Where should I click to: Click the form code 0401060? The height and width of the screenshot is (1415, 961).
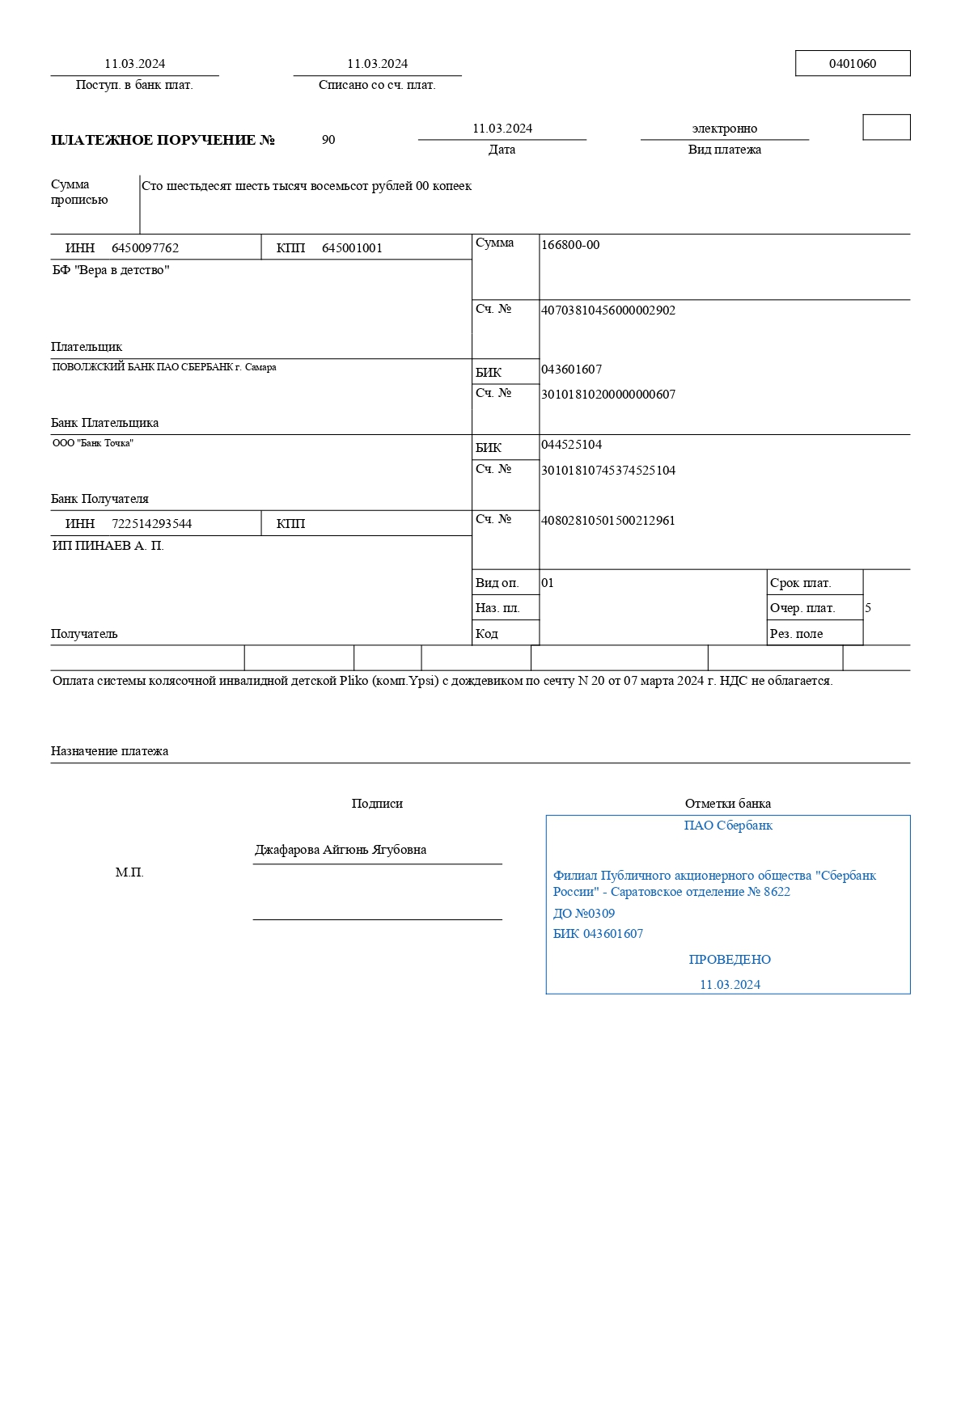pyautogui.click(x=852, y=64)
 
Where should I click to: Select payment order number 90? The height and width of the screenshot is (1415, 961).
pyautogui.click(x=328, y=140)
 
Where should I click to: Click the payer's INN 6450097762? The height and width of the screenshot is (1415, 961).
pyautogui.click(x=145, y=248)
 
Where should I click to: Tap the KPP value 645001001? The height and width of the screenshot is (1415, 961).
pyautogui.click(x=352, y=248)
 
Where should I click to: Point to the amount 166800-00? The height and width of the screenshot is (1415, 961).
pyautogui.click(x=570, y=245)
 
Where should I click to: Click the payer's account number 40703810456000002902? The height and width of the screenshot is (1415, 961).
pyautogui.click(x=608, y=310)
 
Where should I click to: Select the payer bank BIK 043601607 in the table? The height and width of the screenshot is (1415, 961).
pyautogui.click(x=571, y=370)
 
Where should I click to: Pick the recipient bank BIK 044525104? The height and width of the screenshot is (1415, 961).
pyautogui.click(x=571, y=445)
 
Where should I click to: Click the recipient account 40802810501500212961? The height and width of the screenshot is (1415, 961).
pyautogui.click(x=608, y=521)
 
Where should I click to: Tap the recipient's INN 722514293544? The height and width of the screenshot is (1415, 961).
pyautogui.click(x=151, y=524)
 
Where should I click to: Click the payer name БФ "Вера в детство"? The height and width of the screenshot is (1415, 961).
pyautogui.click(x=111, y=270)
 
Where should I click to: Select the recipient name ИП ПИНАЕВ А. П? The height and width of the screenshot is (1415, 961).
pyautogui.click(x=108, y=546)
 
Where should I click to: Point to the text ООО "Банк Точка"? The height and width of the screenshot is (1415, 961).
pyautogui.click(x=92, y=443)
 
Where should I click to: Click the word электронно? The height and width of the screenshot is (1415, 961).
pyautogui.click(x=724, y=129)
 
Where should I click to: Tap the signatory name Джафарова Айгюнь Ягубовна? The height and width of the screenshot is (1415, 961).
pyautogui.click(x=341, y=850)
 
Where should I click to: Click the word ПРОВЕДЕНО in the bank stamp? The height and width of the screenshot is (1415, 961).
pyautogui.click(x=730, y=960)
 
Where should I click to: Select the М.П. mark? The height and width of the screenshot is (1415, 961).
pyautogui.click(x=129, y=872)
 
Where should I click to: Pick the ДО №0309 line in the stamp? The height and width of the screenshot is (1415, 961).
pyautogui.click(x=583, y=914)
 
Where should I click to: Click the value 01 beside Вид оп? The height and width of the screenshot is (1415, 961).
pyautogui.click(x=548, y=583)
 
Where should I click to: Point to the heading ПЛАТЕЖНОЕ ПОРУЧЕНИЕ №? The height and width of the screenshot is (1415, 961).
pyautogui.click(x=163, y=140)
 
